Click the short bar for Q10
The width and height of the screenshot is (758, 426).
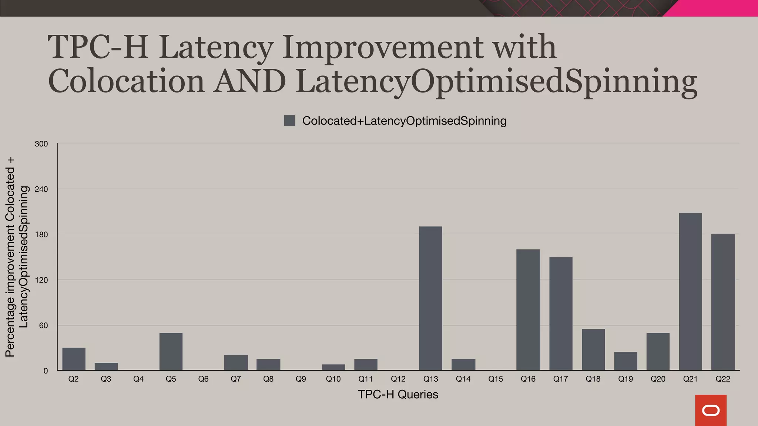click(333, 367)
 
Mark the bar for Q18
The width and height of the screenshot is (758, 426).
click(593, 349)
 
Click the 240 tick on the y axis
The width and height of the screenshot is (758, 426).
click(41, 189)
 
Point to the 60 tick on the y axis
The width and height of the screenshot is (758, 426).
click(43, 325)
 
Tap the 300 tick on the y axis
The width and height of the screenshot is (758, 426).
click(41, 144)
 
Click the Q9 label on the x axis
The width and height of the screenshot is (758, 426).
click(301, 379)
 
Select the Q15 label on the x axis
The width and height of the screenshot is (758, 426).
click(496, 379)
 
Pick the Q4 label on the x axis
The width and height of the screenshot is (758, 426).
click(138, 379)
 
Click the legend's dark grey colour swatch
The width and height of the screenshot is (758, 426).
click(289, 121)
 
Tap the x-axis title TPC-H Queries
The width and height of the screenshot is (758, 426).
click(398, 395)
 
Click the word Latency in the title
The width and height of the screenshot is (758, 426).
click(217, 47)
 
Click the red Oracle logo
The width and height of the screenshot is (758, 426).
click(711, 410)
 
